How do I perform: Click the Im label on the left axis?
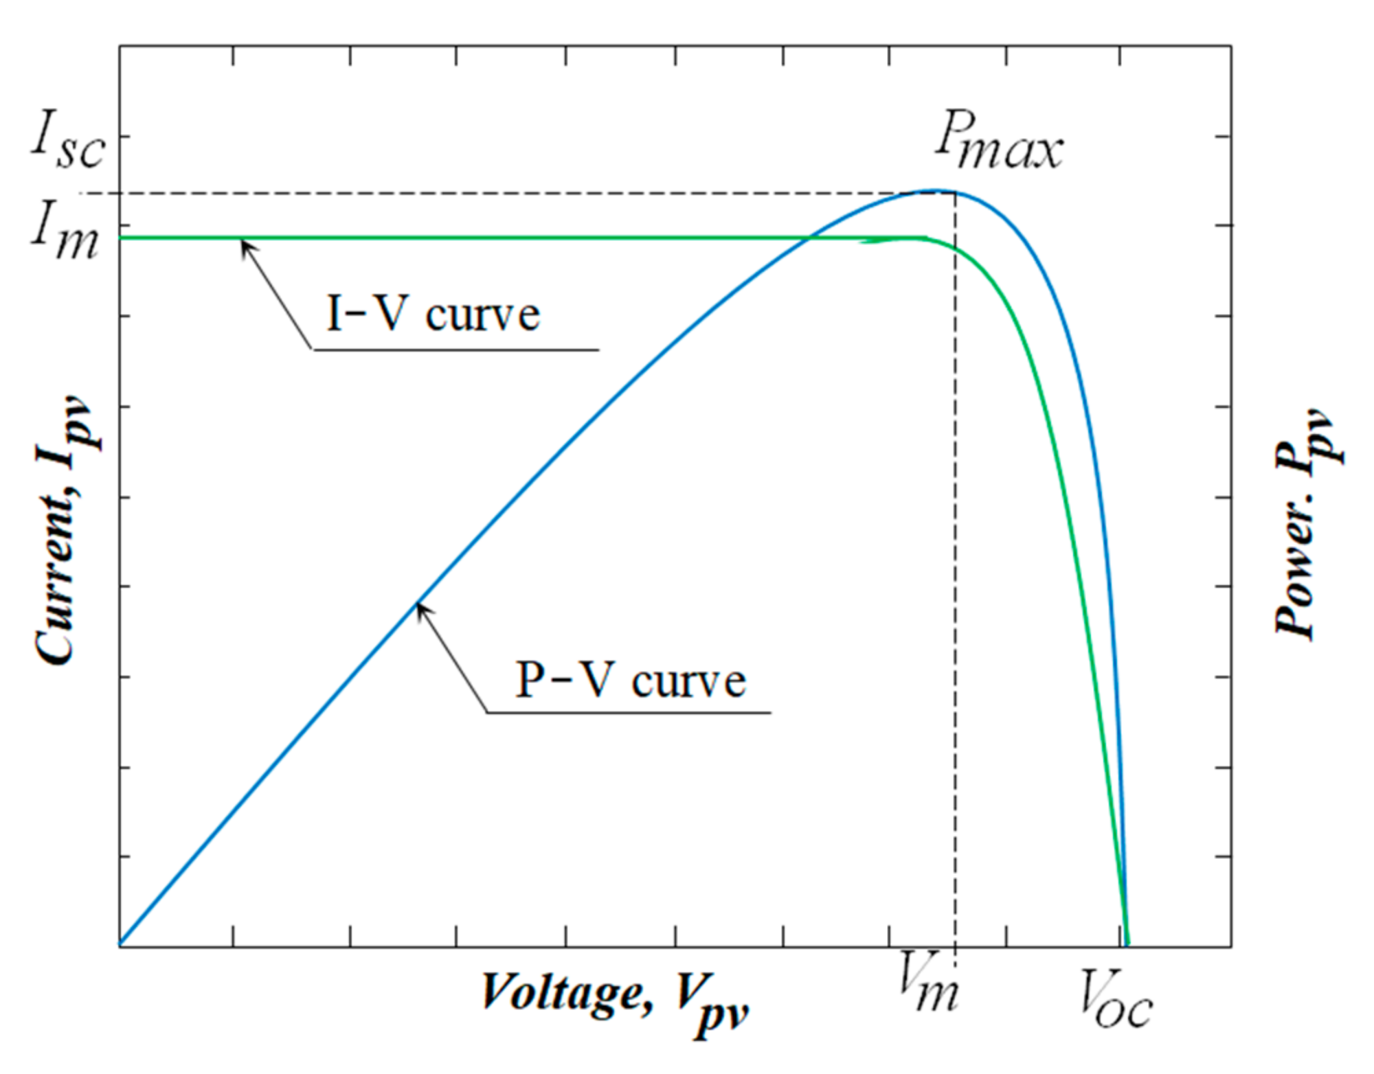65,233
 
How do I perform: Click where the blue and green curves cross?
809,238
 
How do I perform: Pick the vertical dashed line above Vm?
956,549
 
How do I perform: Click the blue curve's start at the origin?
122,944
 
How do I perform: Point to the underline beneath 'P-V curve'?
629,712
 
